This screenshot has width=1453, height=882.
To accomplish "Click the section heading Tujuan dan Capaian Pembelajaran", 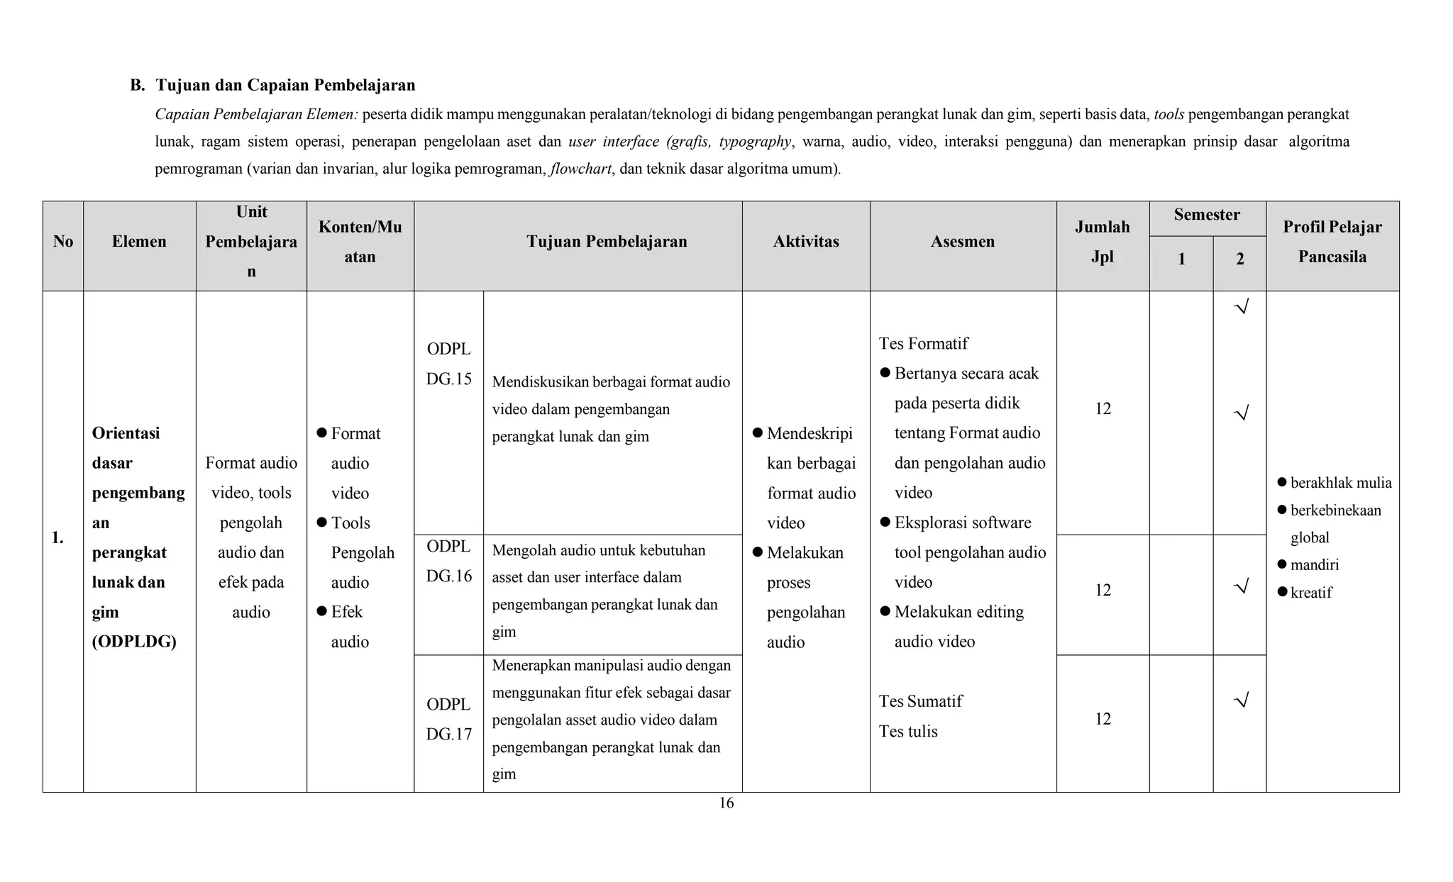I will click(x=285, y=85).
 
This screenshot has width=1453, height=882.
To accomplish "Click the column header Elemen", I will click(x=139, y=242).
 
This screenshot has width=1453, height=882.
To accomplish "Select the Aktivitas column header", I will click(x=806, y=242).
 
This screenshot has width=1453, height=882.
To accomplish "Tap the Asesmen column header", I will click(x=962, y=242).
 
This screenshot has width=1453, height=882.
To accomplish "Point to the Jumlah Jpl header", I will click(x=1102, y=242).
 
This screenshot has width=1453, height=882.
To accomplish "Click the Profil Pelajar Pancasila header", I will click(x=1332, y=242).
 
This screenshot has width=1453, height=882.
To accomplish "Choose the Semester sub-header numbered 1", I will click(x=1181, y=259).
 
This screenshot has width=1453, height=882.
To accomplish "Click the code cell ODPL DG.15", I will click(x=448, y=364).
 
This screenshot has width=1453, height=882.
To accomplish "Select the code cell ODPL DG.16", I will click(x=448, y=561).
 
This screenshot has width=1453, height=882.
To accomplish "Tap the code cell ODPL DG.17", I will click(x=448, y=719).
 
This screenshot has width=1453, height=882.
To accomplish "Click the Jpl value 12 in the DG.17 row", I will click(x=1103, y=719).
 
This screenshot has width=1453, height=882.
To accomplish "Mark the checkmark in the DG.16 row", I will click(x=1240, y=586).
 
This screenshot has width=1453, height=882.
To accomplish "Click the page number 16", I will click(x=726, y=803).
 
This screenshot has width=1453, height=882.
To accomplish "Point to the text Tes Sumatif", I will click(x=920, y=701).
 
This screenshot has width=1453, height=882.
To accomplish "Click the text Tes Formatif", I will click(x=923, y=344).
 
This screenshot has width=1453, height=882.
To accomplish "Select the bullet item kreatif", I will click(x=1310, y=593).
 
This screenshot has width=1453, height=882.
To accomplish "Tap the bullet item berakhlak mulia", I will click(x=1340, y=483).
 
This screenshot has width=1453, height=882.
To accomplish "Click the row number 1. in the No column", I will click(x=57, y=538).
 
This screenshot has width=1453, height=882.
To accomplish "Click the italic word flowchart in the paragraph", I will click(x=580, y=169).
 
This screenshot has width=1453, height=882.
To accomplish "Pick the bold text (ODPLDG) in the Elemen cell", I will click(x=133, y=642).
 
